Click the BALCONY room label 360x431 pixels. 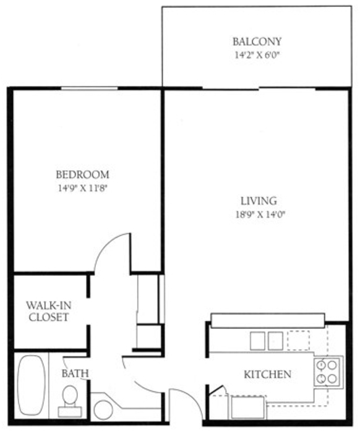click(257, 41)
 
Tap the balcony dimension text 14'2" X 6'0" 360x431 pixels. click(257, 55)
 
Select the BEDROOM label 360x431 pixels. click(82, 174)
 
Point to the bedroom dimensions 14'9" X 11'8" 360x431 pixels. click(82, 188)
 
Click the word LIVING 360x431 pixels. click(259, 201)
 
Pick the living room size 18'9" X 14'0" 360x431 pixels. click(259, 215)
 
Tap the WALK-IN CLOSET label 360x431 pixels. click(49, 311)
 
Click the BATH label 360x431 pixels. click(75, 373)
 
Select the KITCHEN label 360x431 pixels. click(268, 374)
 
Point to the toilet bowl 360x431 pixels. click(70, 395)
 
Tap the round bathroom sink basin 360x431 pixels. click(103, 410)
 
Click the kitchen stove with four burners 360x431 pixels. click(327, 372)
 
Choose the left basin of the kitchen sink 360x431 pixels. click(257, 341)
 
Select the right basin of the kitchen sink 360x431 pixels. click(276, 341)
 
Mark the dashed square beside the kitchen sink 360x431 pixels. click(298, 341)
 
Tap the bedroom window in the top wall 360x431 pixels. click(89, 88)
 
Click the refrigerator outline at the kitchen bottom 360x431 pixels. click(249, 407)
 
